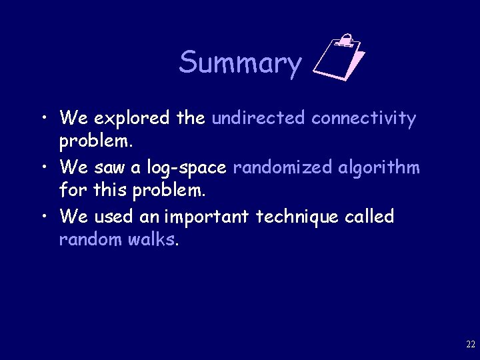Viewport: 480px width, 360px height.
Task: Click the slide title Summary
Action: (x=240, y=63)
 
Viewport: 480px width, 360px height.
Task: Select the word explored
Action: (x=132, y=119)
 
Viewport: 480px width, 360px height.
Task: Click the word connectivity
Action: (x=363, y=118)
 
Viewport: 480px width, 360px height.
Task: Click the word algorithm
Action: (x=379, y=167)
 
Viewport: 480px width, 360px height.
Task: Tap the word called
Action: (x=369, y=216)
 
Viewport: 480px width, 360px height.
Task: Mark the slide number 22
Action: (x=470, y=345)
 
